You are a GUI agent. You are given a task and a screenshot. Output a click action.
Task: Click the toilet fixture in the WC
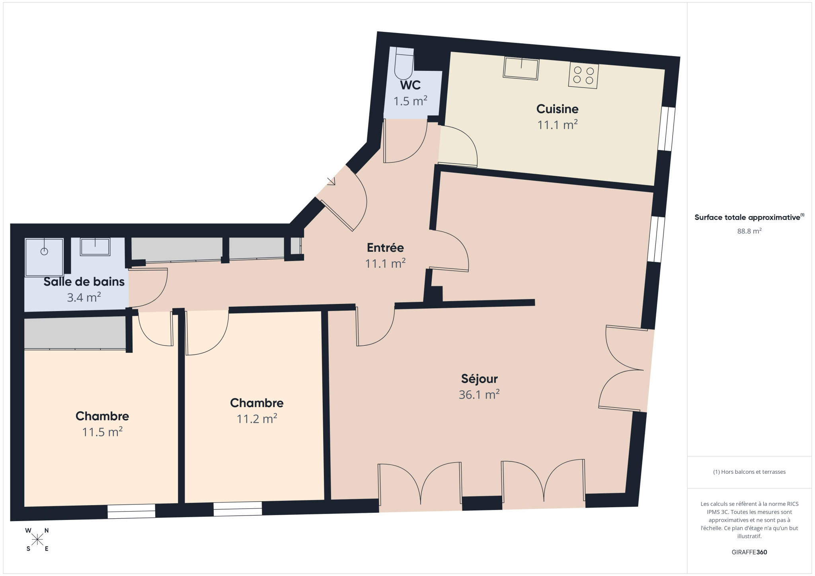point(404,64)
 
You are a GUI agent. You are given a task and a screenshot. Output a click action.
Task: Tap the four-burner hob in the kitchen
point(583,75)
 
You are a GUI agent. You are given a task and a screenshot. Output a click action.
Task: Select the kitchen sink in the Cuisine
point(521,68)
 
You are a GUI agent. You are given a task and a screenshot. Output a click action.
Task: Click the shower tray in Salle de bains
point(44,257)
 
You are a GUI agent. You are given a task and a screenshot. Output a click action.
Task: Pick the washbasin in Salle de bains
point(95,247)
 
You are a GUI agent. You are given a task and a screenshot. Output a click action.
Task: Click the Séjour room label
point(479,379)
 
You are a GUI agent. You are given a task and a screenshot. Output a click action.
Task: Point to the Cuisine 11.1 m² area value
point(557,125)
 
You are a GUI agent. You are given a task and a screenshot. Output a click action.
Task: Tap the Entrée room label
point(385,247)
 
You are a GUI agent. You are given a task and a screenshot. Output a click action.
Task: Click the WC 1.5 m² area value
point(410,101)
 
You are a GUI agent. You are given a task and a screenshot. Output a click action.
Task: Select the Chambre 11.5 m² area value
point(102,432)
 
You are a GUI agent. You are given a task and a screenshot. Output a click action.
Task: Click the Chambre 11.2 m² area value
point(257,419)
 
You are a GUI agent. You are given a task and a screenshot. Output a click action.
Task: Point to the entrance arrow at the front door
point(331,181)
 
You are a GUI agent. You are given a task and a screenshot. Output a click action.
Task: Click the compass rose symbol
point(37,539)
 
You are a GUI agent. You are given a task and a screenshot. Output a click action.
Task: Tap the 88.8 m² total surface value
point(749,231)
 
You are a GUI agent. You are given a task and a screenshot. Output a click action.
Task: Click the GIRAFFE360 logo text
point(749,552)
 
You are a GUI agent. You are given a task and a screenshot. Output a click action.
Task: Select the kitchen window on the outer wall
point(666,128)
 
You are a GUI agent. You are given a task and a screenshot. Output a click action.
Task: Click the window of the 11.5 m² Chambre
point(131,511)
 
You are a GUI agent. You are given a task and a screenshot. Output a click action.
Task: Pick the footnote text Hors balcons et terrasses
point(749,472)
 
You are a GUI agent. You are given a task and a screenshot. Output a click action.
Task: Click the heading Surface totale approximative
point(747,217)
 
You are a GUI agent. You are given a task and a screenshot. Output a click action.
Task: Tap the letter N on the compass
point(47,530)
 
